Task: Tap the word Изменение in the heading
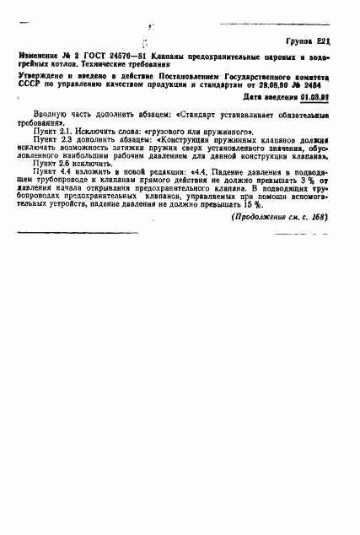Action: click(40, 56)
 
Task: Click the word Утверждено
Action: click(43, 77)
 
